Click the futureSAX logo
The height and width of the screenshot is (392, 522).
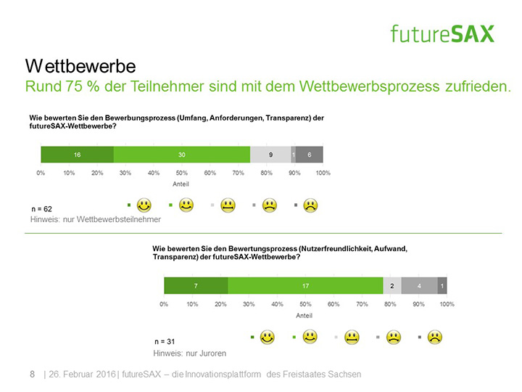[442, 33]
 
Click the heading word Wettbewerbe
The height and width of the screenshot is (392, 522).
[80, 66]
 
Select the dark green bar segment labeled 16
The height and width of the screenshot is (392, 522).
[77, 155]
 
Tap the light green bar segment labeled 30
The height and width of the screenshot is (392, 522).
[181, 155]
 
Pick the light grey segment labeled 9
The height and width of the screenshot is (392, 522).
[270, 155]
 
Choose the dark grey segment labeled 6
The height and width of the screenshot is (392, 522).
[310, 155]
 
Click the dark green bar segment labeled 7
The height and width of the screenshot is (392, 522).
[196, 285]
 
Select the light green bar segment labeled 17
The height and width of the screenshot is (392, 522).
[305, 285]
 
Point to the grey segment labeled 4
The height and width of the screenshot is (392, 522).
[419, 285]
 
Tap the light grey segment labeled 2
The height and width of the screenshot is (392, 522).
[391, 285]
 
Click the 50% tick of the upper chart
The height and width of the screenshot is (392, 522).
[182, 173]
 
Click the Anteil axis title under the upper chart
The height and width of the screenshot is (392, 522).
[181, 184]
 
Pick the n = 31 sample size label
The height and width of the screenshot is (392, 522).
[165, 340]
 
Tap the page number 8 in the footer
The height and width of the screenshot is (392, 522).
[32, 374]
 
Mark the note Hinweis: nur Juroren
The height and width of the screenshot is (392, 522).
[189, 353]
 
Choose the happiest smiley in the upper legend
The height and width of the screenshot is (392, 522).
[144, 205]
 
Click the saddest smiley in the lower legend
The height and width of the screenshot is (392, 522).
[435, 336]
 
